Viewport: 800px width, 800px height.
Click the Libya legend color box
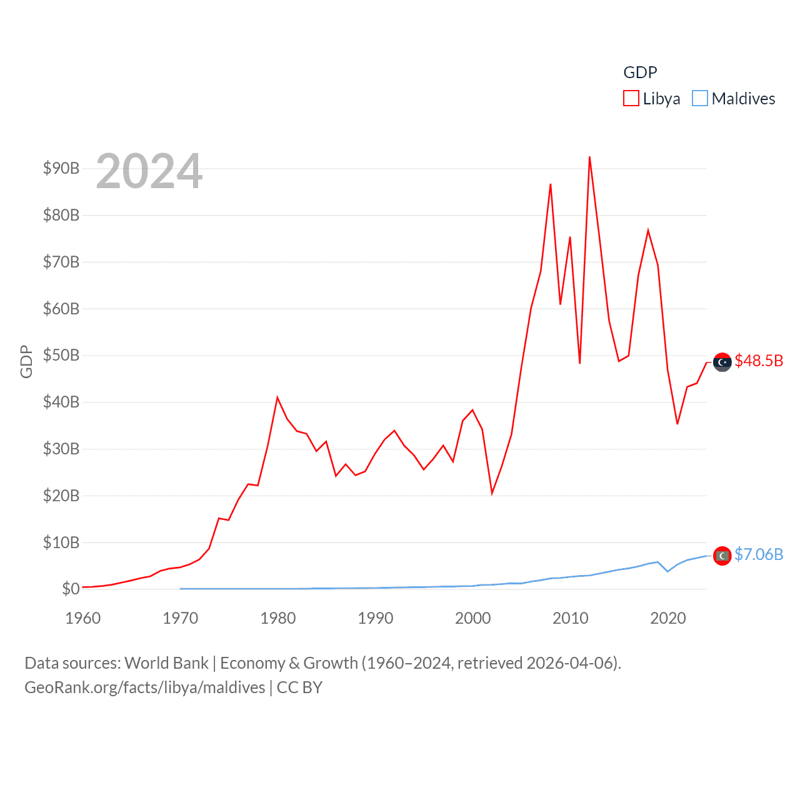[x=631, y=99]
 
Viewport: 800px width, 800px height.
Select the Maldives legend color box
[x=700, y=99]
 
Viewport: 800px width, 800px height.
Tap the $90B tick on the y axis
[x=61, y=168]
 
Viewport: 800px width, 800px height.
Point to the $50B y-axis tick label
[x=61, y=356]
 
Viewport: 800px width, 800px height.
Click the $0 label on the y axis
[x=71, y=589]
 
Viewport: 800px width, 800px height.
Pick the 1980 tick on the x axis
[x=277, y=619]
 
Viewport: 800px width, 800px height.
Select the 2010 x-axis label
[x=570, y=619]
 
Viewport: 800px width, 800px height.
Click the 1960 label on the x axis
[x=83, y=619]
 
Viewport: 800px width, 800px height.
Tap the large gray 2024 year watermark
[x=149, y=171]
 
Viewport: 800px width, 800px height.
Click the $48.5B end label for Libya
[x=759, y=361]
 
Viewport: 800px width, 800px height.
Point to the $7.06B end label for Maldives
[x=759, y=554]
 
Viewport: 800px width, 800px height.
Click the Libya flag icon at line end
[x=722, y=362]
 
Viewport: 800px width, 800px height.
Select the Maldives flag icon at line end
[x=722, y=556]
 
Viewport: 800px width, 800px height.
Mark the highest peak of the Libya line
[x=589, y=157]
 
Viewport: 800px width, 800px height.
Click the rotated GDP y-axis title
[x=26, y=361]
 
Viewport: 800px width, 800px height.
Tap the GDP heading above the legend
[x=640, y=72]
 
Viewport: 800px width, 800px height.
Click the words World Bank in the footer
[x=166, y=663]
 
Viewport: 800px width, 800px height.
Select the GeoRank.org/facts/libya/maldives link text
[x=145, y=687]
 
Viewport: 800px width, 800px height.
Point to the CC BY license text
[x=299, y=687]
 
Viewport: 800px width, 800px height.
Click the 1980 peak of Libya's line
[x=277, y=397]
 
